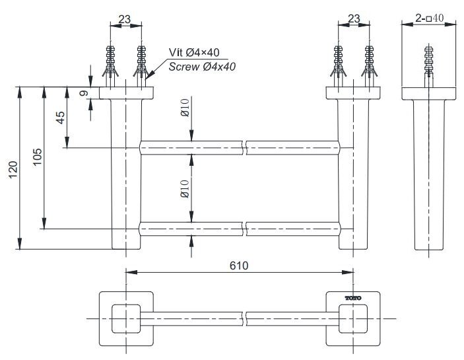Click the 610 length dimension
click(238, 266)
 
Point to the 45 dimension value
click(61, 118)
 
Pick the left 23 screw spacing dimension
click(125, 19)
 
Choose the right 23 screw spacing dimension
click(354, 19)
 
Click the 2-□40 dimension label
click(430, 18)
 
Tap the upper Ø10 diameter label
click(185, 108)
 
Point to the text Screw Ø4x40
click(202, 66)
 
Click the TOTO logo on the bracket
click(354, 299)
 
